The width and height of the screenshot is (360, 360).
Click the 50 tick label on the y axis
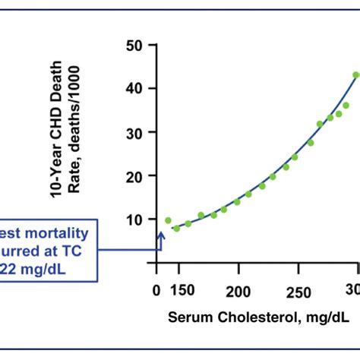(134, 46)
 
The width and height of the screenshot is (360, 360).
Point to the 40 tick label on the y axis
(134, 89)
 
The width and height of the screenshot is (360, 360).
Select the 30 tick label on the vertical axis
(134, 133)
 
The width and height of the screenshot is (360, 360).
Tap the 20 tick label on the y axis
(134, 176)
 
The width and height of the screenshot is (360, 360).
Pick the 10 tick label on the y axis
(134, 220)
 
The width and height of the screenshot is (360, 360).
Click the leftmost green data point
(168, 220)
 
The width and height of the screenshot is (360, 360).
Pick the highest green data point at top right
(355, 74)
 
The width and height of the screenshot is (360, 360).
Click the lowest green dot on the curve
(176, 228)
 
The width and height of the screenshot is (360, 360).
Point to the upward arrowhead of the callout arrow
(160, 236)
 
